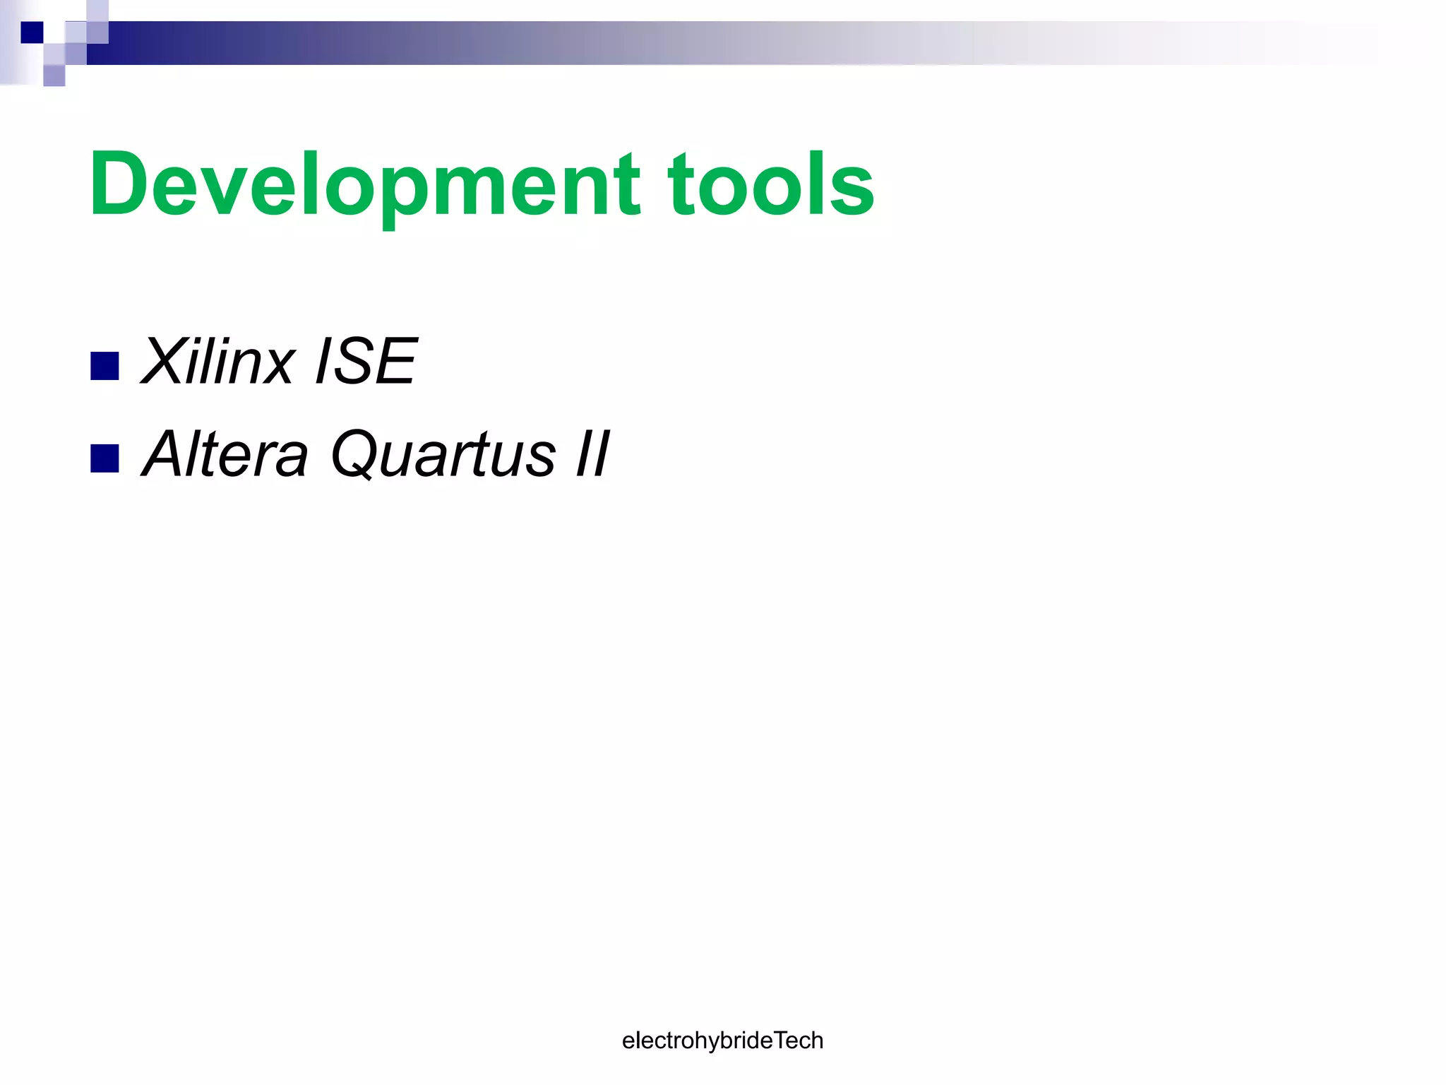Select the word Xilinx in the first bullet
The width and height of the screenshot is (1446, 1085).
pos(217,362)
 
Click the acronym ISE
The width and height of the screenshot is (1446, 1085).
pos(366,362)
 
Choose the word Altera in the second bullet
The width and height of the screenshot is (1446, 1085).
pos(225,454)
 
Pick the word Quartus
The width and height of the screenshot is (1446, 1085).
pos(443,454)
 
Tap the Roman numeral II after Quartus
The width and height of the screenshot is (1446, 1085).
pos(592,454)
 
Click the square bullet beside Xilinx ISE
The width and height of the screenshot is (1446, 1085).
pos(104,366)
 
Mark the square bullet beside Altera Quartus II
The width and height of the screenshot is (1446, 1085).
pos(104,458)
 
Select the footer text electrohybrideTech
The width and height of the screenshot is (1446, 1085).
pos(722,1040)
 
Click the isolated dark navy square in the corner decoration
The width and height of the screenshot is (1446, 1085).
pos(32,32)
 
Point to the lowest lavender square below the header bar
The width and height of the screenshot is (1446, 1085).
pos(54,76)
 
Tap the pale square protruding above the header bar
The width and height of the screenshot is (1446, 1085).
pos(97,11)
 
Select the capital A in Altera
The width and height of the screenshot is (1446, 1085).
pos(168,454)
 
